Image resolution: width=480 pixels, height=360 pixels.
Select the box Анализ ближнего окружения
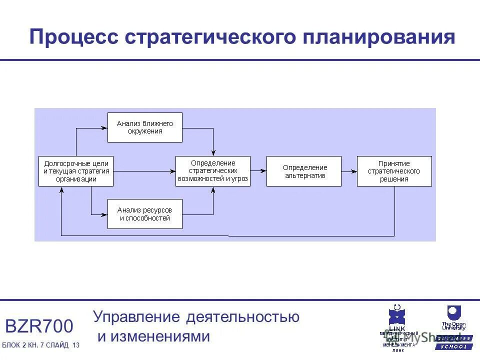point(145,127)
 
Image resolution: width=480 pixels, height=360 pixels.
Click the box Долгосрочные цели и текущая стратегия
point(76,171)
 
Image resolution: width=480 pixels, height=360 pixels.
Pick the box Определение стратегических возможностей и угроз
point(213,171)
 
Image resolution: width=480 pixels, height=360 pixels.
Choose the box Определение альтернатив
point(304,171)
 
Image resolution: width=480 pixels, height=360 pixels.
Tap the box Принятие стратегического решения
point(394,171)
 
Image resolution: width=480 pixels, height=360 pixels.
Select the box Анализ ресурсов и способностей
point(145,214)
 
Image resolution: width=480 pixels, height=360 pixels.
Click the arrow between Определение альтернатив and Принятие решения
point(349,171)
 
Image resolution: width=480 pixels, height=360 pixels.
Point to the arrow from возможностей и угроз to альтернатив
point(258,171)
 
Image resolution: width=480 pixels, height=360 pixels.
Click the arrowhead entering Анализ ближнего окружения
point(104,127)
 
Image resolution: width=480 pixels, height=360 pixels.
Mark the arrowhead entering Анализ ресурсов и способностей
point(104,214)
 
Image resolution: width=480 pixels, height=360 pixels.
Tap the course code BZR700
point(39,326)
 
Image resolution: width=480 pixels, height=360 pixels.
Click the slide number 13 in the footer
point(76,346)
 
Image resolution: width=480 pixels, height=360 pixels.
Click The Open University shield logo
point(453,313)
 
